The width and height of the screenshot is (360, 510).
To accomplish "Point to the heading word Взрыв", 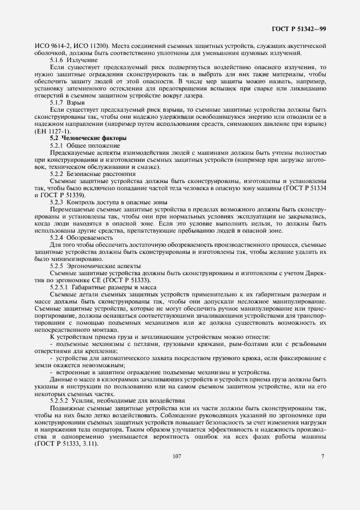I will tap(78, 102).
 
